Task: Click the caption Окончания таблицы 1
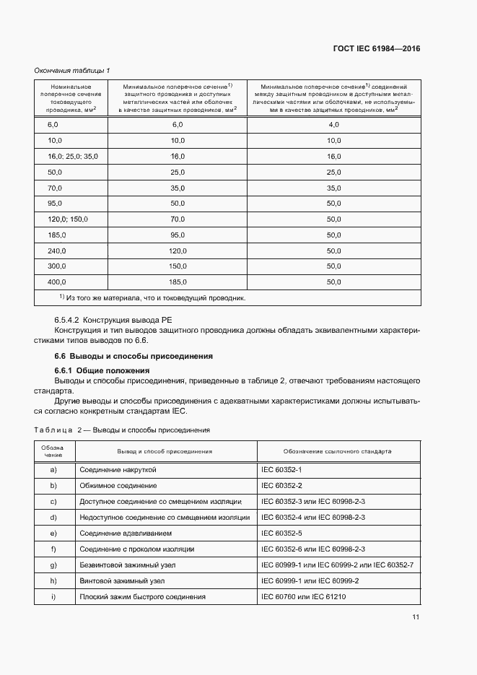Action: click(72, 70)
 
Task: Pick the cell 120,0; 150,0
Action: click(67, 219)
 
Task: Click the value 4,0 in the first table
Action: click(333, 125)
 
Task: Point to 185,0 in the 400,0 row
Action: click(178, 282)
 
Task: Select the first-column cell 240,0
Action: click(57, 251)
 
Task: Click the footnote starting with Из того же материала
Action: click(152, 297)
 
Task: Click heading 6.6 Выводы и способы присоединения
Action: click(134, 357)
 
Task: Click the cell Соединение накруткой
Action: click(118, 470)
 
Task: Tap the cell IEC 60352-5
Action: click(282, 534)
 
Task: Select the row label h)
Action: click(53, 581)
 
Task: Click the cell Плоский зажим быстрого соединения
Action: click(142, 597)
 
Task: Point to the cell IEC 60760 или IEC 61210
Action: click(304, 597)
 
